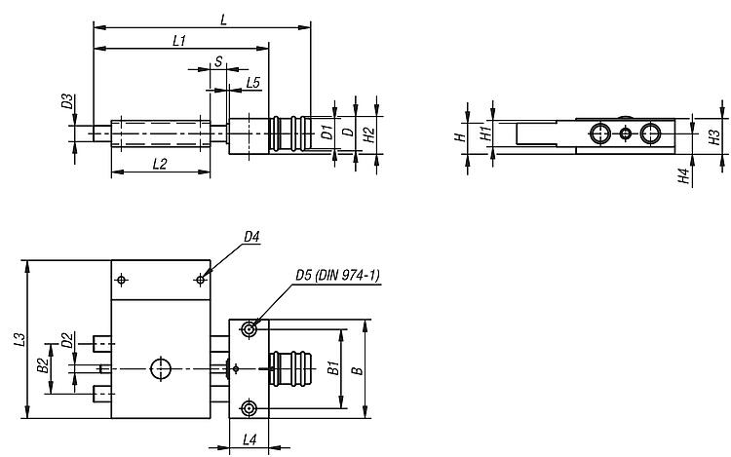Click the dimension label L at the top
pos(224,19)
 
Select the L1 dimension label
pos(179,41)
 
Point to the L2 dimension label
pos(160,164)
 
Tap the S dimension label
pos(218,61)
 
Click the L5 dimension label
pos(252,83)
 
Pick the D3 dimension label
pos(67,101)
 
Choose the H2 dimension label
pos(368,135)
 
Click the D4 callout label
pos(251,237)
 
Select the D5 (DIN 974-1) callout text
pos(337,276)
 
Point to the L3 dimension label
pos(19,339)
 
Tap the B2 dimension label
pos(43,365)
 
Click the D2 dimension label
pos(67,340)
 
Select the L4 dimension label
pos(250,439)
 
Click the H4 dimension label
pos(683,176)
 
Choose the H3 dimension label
pos(714,137)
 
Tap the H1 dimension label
pos(486,133)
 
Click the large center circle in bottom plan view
pos(161,369)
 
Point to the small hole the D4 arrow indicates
pos(201,280)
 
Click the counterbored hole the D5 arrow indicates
pos(249,329)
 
